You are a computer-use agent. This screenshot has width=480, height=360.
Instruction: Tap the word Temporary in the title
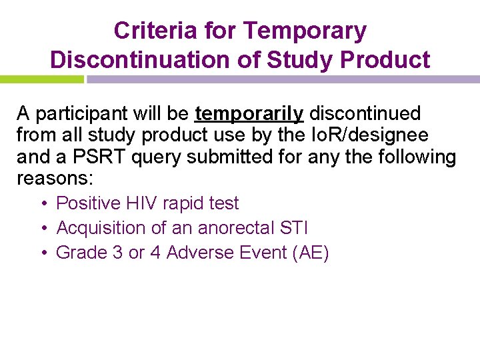coord(305,31)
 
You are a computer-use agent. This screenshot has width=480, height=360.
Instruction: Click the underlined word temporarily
coord(249,113)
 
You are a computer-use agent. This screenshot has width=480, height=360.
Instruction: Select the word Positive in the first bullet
coord(88,203)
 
